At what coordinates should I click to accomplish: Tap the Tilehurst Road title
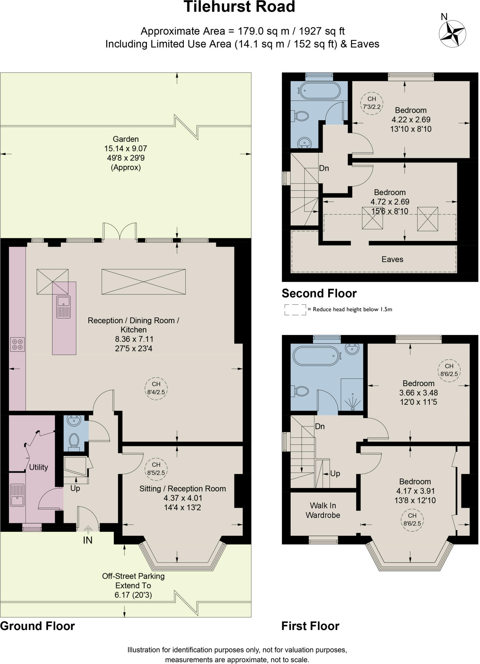click(240, 7)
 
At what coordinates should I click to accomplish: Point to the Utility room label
click(39, 467)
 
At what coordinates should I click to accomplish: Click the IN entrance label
click(87, 540)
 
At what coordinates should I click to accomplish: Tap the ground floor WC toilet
click(74, 442)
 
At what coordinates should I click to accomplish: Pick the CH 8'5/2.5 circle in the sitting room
click(156, 469)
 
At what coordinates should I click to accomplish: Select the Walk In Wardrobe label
click(323, 510)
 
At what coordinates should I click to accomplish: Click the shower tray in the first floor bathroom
click(352, 394)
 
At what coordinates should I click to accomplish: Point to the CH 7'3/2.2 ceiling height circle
click(372, 103)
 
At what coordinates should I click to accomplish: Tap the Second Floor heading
click(319, 293)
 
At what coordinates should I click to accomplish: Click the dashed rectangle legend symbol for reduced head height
click(295, 310)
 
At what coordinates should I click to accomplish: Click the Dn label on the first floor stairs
click(320, 426)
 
